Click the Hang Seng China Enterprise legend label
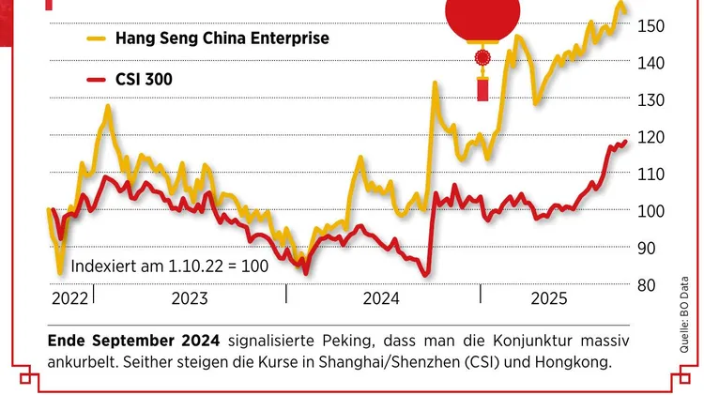pos(222,38)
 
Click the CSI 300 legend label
pos(145,79)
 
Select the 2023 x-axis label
pos(190,299)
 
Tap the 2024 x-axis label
pos(381,299)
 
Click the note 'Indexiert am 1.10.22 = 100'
pos(169,266)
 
